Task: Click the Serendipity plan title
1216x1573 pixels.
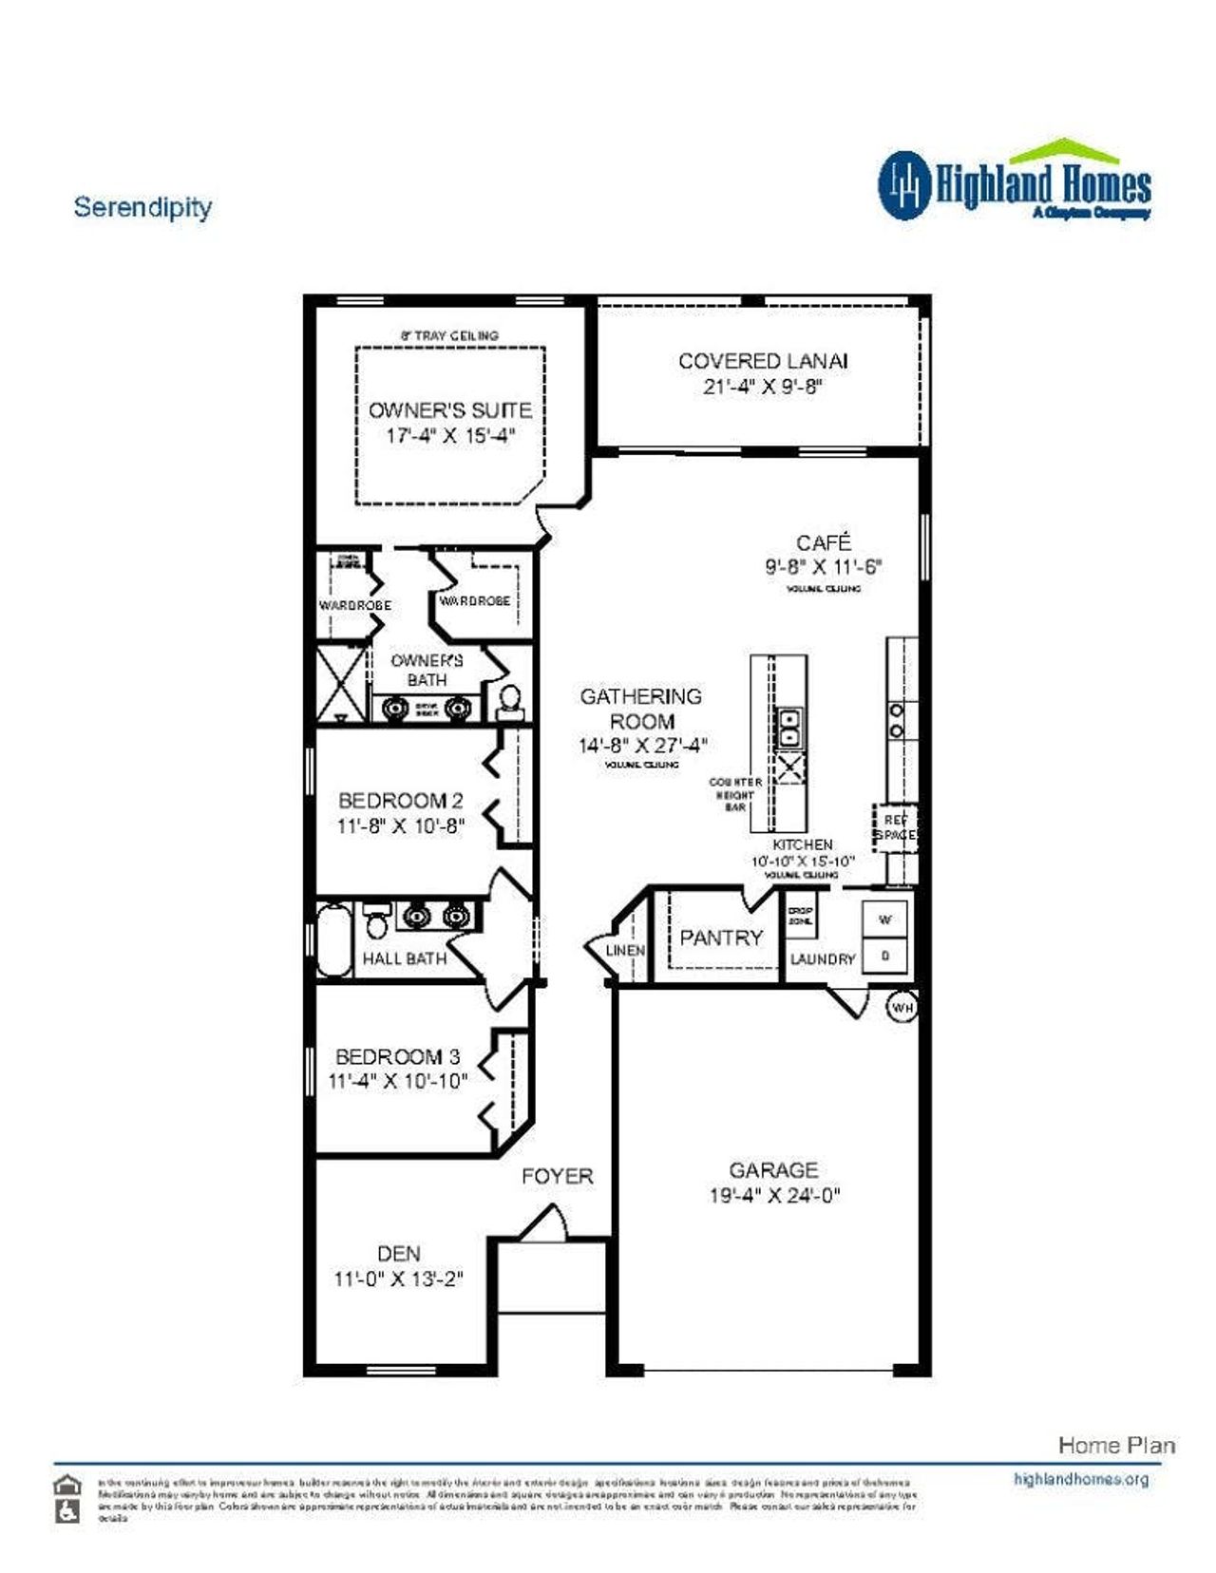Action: (x=142, y=207)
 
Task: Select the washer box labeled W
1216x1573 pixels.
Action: (x=884, y=919)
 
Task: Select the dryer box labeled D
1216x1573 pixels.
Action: (x=884, y=956)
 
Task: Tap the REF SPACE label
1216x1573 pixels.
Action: (x=895, y=827)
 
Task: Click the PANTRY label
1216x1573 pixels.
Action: (x=721, y=938)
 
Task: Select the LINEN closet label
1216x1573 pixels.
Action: (x=625, y=950)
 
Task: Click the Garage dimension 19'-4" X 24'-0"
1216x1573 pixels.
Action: (x=774, y=1195)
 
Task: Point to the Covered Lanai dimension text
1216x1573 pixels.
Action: (x=763, y=387)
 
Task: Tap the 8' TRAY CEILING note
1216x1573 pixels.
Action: (x=449, y=335)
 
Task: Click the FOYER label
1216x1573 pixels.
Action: (x=557, y=1176)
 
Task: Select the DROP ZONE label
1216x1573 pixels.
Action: (x=800, y=916)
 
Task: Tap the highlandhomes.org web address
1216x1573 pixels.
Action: (x=1081, y=1479)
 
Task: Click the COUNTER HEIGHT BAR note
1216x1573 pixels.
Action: (x=735, y=794)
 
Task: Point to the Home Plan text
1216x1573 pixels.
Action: (x=1116, y=1445)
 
